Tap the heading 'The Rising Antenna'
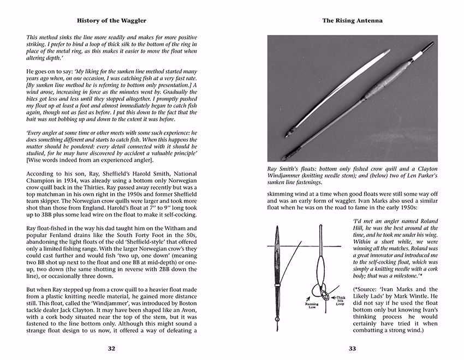(x=352, y=20)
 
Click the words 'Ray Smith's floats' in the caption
(x=294, y=170)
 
